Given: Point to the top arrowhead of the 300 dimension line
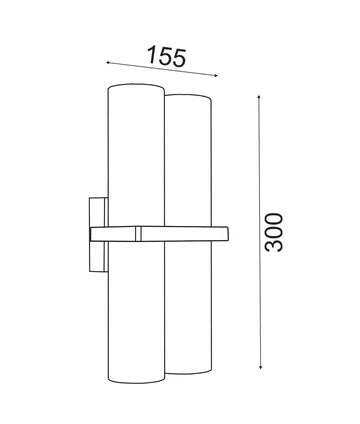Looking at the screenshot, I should pyautogui.click(x=262, y=99).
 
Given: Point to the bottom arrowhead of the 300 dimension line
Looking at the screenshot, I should pyautogui.click(x=262, y=365).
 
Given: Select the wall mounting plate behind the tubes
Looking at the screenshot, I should pyautogui.click(x=95, y=233).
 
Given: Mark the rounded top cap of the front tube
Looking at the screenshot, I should pyautogui.click(x=136, y=90).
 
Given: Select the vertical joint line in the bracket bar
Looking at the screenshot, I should pyautogui.click(x=137, y=234).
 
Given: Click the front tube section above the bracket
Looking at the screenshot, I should pyautogui.click(x=135, y=160).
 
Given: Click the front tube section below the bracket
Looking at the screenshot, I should pyautogui.click(x=135, y=310).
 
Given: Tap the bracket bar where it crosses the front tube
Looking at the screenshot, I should pyautogui.click(x=120, y=234).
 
